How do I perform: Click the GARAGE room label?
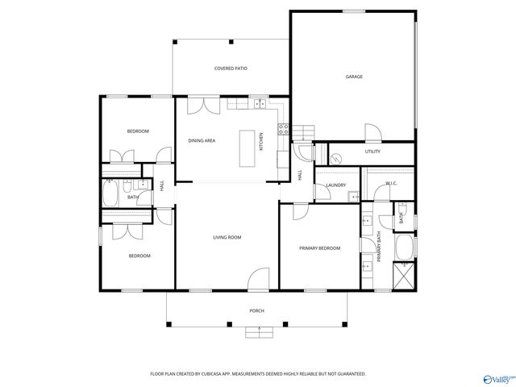(x=354, y=77)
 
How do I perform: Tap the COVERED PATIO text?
(x=231, y=69)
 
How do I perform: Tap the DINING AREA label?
(x=202, y=141)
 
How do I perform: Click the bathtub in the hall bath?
(x=110, y=194)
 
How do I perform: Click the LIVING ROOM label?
(x=227, y=237)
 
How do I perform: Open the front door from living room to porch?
(x=258, y=280)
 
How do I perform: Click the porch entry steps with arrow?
(x=258, y=329)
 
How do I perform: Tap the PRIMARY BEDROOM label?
(x=319, y=248)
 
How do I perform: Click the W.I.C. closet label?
(x=392, y=184)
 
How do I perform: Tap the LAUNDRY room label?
(x=335, y=185)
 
